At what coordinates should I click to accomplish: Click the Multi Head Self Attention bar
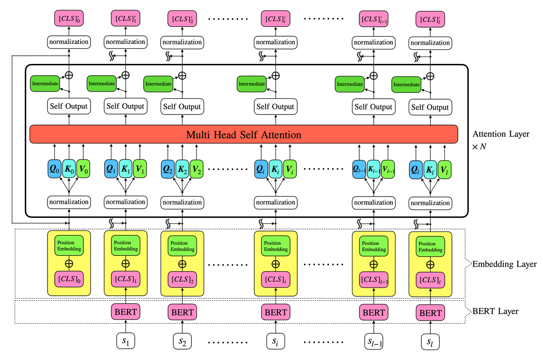pyautogui.click(x=244, y=134)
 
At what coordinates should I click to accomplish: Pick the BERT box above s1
pyautogui.click(x=125, y=312)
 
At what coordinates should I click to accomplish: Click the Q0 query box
pyautogui.click(x=54, y=170)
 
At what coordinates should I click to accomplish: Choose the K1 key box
pyautogui.click(x=125, y=170)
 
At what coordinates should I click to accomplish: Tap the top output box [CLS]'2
pyautogui.click(x=182, y=19)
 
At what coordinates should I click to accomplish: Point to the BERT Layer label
pyautogui.click(x=495, y=312)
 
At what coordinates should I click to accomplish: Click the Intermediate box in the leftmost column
pyautogui.click(x=44, y=83)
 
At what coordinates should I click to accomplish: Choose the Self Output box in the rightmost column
pyautogui.click(x=430, y=107)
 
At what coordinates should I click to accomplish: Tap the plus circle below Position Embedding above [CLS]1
pyautogui.click(x=125, y=263)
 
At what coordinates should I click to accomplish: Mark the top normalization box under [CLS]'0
pyautogui.click(x=69, y=42)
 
